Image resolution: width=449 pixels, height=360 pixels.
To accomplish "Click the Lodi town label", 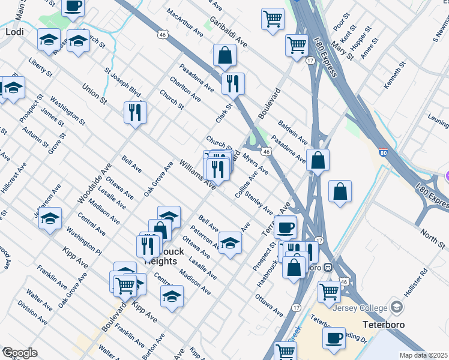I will click(x=13, y=31).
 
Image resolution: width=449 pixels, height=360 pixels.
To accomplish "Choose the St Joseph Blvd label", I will click(x=122, y=83).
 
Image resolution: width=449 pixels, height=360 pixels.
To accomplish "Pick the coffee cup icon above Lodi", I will click(x=73, y=6).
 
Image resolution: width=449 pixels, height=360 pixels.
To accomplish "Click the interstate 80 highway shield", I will click(x=383, y=152).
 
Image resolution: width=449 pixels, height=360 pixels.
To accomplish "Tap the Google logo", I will click(x=20, y=353).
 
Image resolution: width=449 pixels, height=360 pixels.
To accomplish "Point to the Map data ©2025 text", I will click(x=423, y=355).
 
